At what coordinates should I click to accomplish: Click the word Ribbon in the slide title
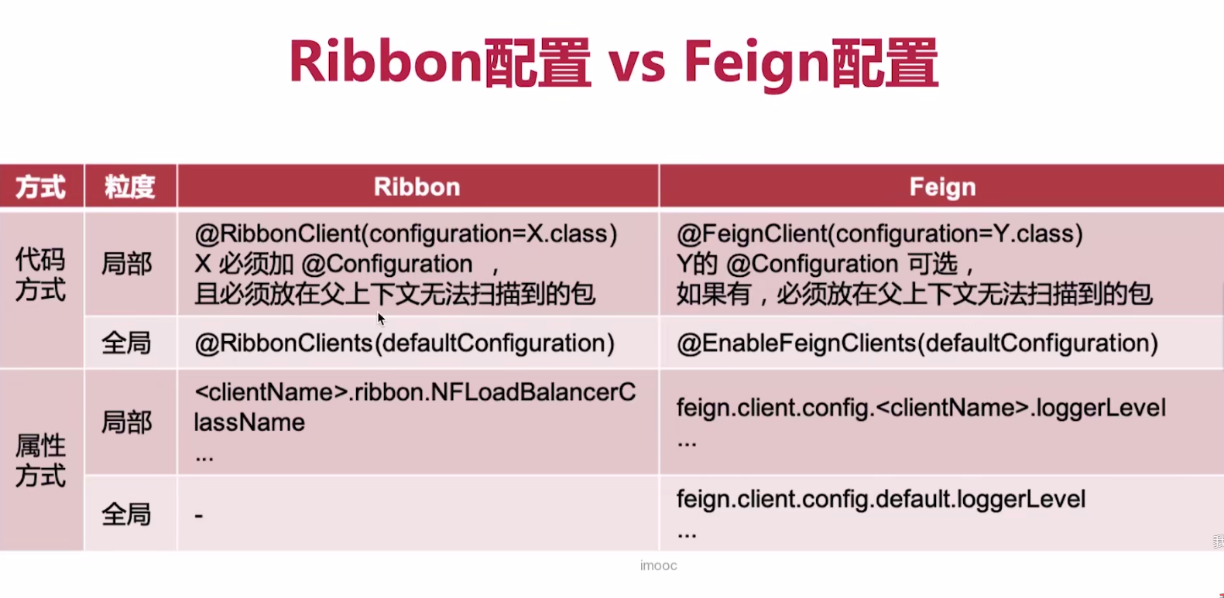tap(386, 61)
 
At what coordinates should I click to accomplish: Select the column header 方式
tap(40, 187)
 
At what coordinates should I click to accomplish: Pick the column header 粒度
tap(130, 187)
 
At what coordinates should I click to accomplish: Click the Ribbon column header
tap(417, 187)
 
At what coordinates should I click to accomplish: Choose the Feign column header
tap(943, 187)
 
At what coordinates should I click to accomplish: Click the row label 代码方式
tap(40, 275)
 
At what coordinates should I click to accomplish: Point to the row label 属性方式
tap(40, 461)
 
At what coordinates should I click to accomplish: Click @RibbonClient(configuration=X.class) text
tap(406, 234)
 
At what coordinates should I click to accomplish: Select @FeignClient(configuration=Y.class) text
tap(879, 234)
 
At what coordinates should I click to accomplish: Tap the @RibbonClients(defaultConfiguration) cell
tap(404, 343)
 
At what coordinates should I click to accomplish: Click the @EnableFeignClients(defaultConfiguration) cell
tap(917, 343)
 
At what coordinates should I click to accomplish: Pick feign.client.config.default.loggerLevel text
tap(881, 499)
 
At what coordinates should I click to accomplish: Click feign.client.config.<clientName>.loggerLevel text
tap(921, 408)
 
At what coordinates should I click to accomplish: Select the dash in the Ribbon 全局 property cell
tap(199, 515)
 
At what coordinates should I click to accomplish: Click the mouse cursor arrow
tap(381, 319)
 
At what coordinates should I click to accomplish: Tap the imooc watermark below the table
tap(658, 566)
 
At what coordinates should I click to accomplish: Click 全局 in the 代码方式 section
tap(126, 343)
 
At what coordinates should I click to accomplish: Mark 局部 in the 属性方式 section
tap(126, 422)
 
